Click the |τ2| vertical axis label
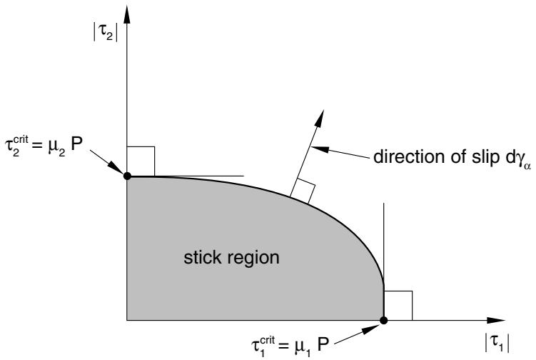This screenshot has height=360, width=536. coord(106,34)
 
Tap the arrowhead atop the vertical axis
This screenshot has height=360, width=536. coord(127,15)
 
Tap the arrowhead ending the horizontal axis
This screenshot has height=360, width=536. coord(496,320)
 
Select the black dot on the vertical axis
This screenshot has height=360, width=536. coord(127,176)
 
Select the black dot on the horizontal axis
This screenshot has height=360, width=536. coord(384,320)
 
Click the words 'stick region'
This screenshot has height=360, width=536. coord(231,257)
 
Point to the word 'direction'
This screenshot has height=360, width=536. coord(405,156)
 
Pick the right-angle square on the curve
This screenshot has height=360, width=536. coord(303,191)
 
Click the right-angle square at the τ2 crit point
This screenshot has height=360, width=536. coord(141,161)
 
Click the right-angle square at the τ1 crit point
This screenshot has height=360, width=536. coord(398,306)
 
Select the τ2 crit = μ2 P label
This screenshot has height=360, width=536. coord(44,146)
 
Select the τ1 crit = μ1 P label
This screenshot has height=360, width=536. coord(290,346)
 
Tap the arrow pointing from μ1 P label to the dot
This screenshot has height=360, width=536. coord(357,334)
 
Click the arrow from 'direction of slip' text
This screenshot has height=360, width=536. coord(340,153)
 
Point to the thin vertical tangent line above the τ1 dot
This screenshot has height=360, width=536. coord(384,245)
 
